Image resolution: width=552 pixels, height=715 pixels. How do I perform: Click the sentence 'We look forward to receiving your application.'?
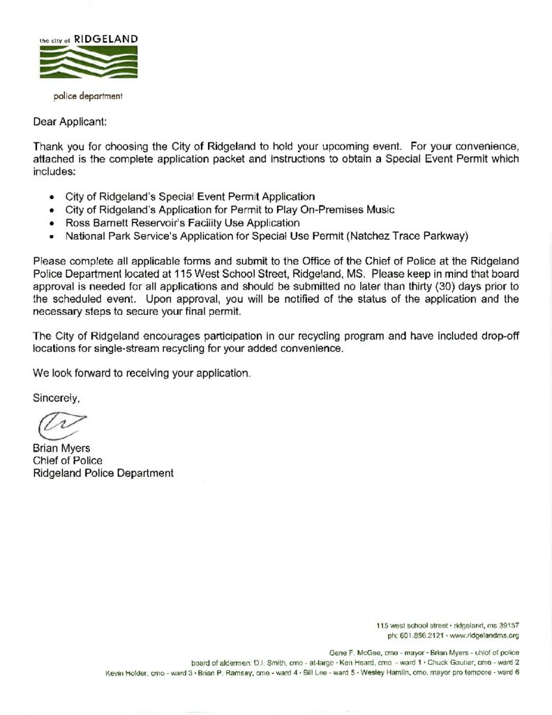(142, 373)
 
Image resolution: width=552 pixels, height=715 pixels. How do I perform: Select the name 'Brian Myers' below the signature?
(61, 448)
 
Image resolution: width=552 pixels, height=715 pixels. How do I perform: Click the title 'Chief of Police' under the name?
(68, 460)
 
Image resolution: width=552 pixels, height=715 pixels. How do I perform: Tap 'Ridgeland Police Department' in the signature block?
(103, 473)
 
